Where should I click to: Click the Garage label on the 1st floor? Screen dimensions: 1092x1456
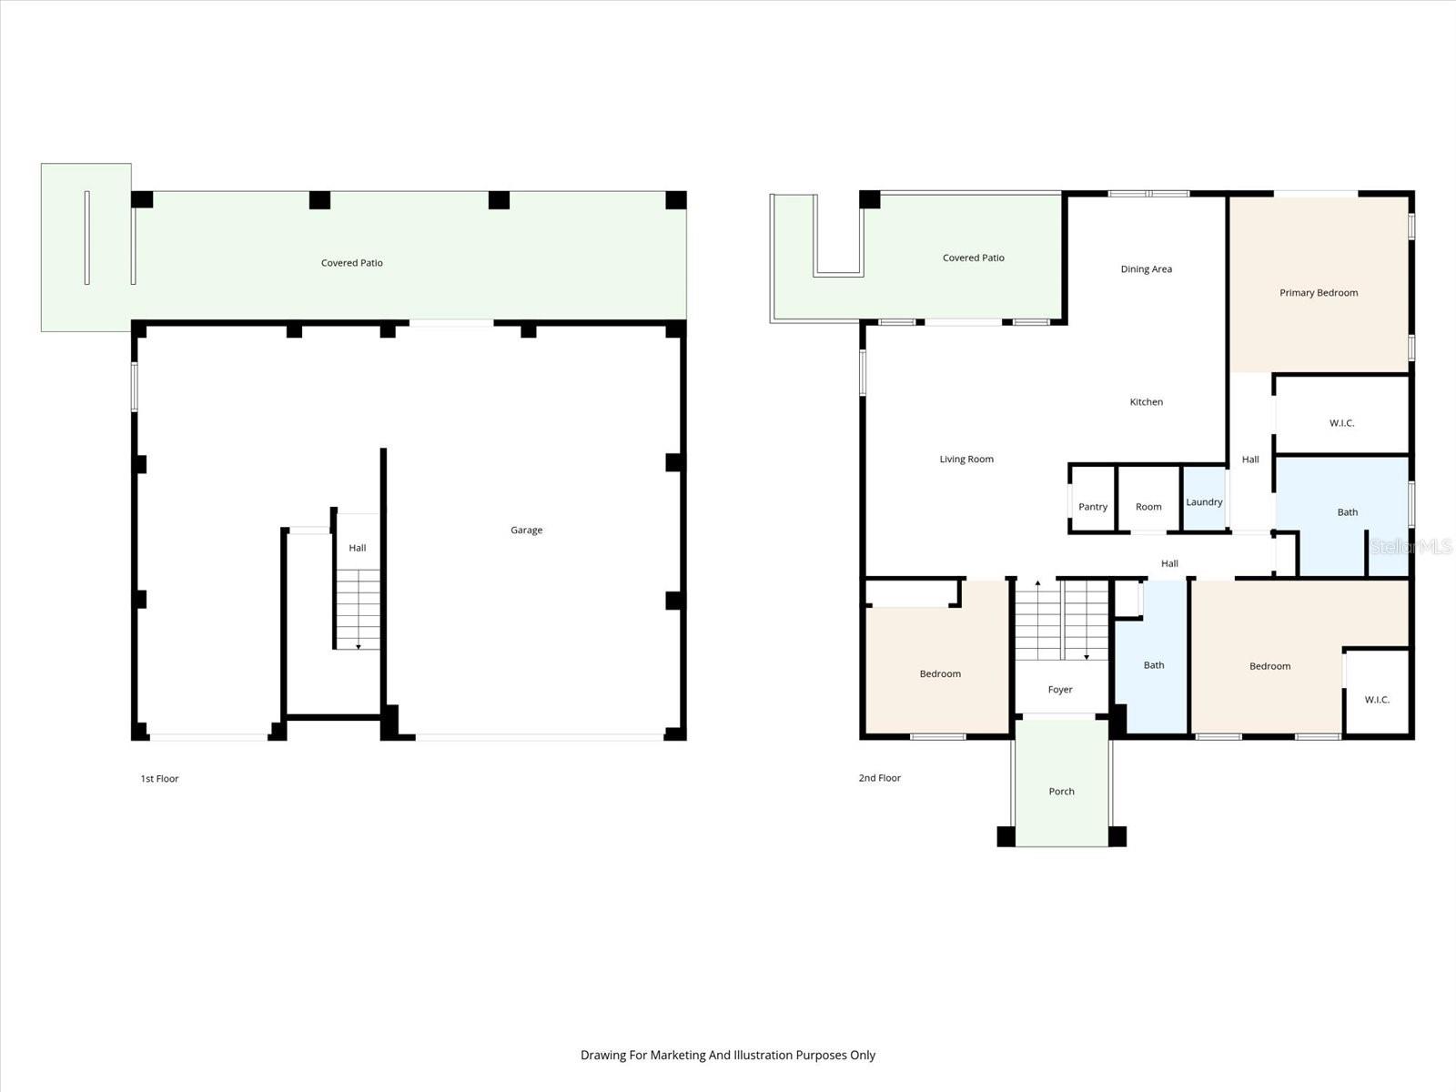coord(526,530)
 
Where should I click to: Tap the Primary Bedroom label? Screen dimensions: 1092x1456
coord(1318,292)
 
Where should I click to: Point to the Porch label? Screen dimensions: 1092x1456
coord(1061,791)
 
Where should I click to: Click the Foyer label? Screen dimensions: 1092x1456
coord(1059,690)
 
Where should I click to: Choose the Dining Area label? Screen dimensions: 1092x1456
coord(1146,268)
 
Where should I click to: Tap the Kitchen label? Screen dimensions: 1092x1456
coord(1146,401)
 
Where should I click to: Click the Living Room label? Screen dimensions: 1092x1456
coord(966,459)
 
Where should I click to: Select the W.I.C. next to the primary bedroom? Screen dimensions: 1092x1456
coord(1341,422)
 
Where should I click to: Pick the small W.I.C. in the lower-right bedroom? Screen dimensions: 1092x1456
coord(1376,699)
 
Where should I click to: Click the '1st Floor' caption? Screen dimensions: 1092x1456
coord(159,779)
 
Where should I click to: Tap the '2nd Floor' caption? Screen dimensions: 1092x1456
coord(879,778)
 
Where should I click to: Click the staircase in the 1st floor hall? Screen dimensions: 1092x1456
coord(357,608)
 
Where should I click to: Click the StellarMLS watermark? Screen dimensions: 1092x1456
coord(1410,546)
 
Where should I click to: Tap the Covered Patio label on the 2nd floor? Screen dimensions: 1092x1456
coord(973,258)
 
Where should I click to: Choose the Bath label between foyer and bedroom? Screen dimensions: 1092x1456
coord(1153,665)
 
